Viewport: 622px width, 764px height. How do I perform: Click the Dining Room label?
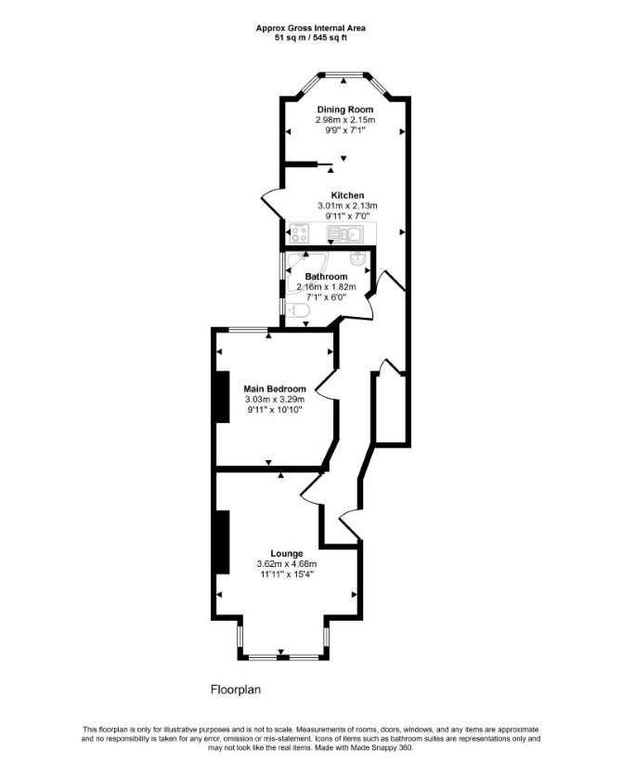[x=345, y=109]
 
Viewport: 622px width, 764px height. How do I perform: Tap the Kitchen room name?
[x=347, y=195]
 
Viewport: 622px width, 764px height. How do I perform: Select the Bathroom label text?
[x=326, y=276]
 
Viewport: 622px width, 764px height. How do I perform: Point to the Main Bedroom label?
[x=275, y=389]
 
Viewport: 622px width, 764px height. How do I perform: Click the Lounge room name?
[x=287, y=554]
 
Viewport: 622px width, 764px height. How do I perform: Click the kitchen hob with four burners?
[x=299, y=232]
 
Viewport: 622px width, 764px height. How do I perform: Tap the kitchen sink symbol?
[x=344, y=234]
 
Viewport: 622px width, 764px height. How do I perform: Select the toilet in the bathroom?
[x=297, y=310]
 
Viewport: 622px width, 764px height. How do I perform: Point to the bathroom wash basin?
[x=358, y=258]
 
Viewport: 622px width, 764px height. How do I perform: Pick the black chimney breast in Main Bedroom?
[x=223, y=397]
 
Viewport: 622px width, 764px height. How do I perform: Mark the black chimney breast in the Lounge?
[x=223, y=542]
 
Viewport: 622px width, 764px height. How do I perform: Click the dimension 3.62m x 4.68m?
[x=287, y=564]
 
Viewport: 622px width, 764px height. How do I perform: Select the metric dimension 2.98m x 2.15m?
[x=345, y=119]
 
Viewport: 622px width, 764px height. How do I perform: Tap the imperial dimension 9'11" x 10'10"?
[x=275, y=410]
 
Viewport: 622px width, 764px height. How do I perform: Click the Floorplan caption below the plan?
[x=236, y=690]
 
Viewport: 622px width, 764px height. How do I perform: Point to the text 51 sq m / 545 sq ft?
[x=310, y=37]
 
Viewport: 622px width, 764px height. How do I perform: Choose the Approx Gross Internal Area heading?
[x=310, y=28]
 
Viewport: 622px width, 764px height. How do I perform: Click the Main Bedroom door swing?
[x=326, y=385]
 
